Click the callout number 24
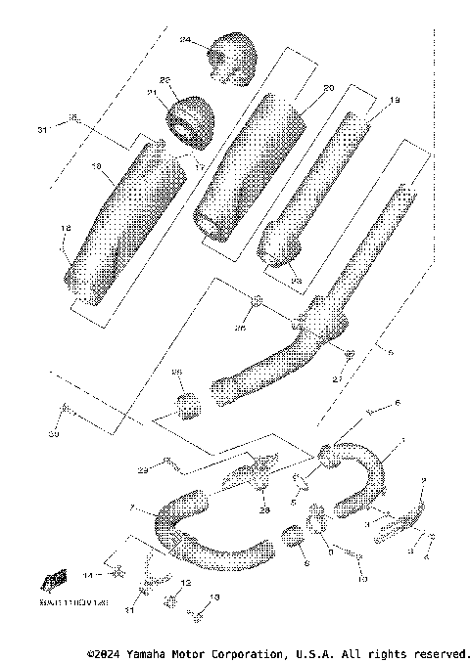(x=185, y=40)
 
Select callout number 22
(x=164, y=80)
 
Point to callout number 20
(x=328, y=88)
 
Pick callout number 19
(x=395, y=101)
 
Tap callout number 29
(x=143, y=471)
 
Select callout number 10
(x=362, y=580)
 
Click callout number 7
(x=131, y=508)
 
